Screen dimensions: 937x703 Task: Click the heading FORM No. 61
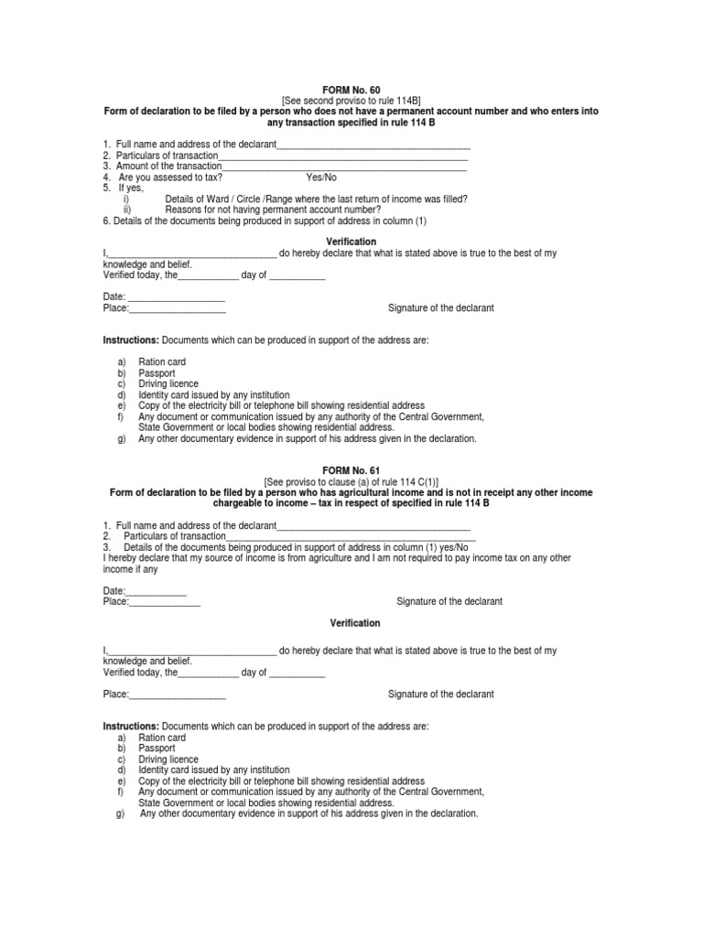point(351,468)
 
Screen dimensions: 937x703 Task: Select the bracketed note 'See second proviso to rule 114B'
point(351,101)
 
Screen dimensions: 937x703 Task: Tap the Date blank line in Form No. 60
point(174,298)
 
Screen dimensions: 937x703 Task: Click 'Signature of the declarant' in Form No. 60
point(441,308)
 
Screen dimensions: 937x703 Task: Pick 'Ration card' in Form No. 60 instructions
point(162,362)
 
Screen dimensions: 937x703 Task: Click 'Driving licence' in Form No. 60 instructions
point(168,383)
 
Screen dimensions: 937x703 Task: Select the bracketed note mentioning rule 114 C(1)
point(351,480)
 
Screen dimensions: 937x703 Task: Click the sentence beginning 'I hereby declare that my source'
point(337,558)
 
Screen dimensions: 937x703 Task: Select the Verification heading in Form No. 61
point(354,623)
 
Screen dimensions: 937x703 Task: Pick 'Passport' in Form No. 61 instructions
point(157,749)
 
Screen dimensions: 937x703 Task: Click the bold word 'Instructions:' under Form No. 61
point(131,727)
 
